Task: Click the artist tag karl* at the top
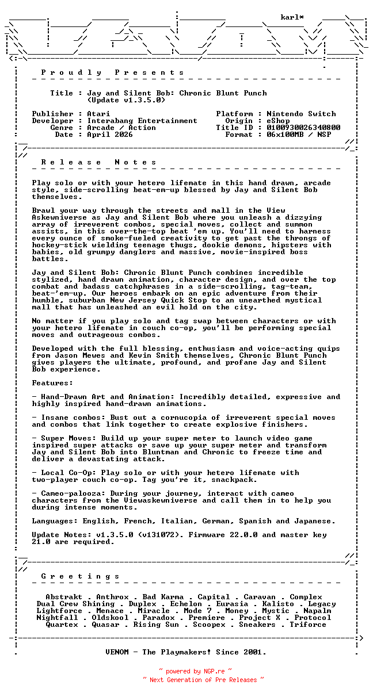[292, 18]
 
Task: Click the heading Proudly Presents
[113, 72]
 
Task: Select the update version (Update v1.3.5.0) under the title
[126, 100]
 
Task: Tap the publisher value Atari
[98, 114]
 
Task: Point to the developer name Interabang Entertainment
[142, 121]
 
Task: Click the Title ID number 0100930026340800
[303, 128]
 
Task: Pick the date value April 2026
[110, 135]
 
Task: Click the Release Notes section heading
[99, 162]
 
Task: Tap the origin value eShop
[278, 121]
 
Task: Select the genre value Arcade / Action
[121, 128]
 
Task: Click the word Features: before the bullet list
[52, 383]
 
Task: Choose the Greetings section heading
[81, 576]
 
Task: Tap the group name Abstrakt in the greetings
[64, 597]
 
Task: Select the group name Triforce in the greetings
[308, 625]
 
